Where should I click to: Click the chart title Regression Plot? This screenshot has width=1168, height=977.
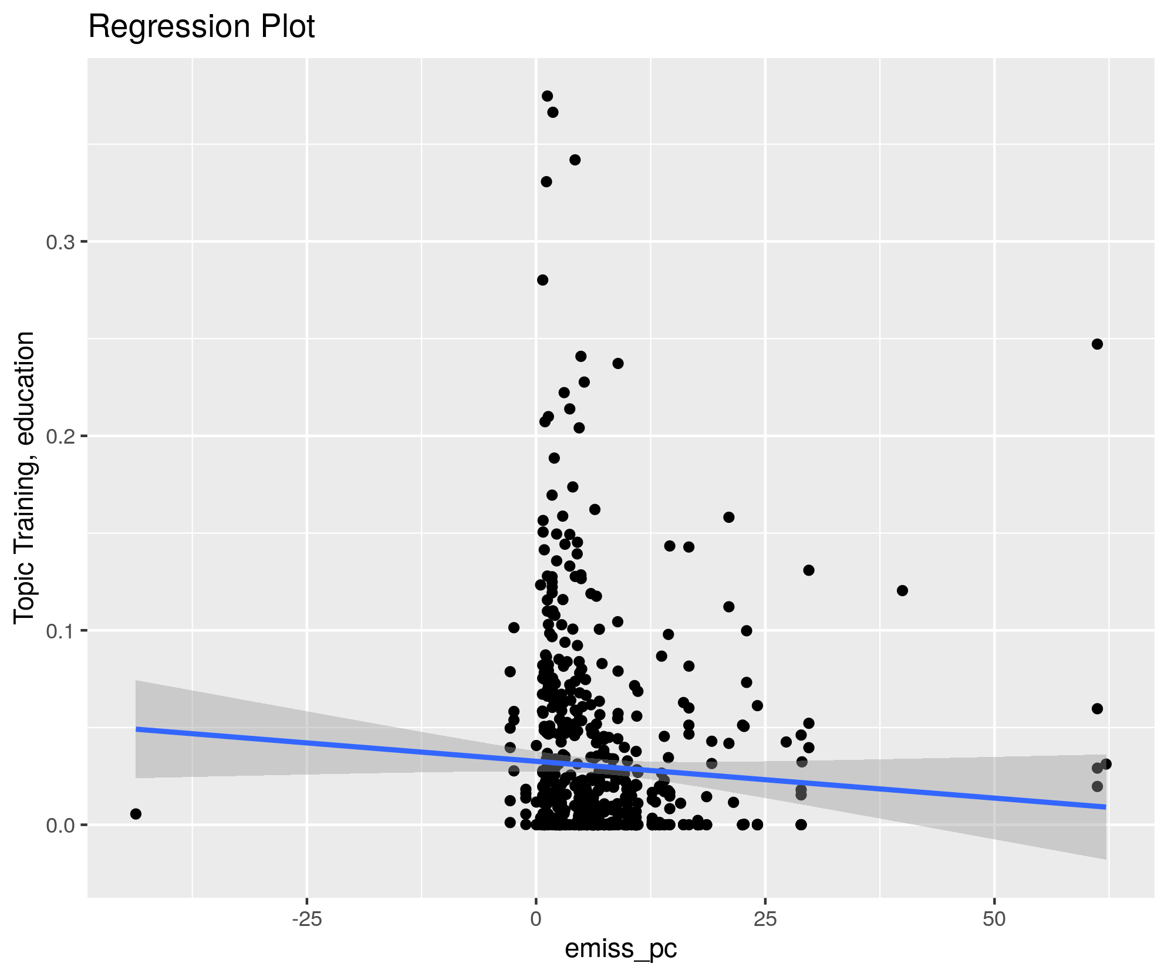[201, 27]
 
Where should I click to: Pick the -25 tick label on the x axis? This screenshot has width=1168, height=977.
[306, 919]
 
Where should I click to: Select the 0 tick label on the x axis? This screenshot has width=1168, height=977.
[536, 919]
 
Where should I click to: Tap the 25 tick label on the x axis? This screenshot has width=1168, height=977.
[765, 919]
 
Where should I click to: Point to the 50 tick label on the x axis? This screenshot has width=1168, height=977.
[994, 919]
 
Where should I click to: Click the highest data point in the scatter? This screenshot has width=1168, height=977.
[547, 96]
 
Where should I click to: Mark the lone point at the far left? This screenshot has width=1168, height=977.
[136, 814]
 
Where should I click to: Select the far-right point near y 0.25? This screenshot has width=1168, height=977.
[1097, 344]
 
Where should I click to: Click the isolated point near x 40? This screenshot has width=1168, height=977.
[903, 590]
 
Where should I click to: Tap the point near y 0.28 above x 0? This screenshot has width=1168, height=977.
[542, 280]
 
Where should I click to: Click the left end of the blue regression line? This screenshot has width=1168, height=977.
[136, 729]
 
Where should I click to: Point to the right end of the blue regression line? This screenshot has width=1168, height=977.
[1106, 807]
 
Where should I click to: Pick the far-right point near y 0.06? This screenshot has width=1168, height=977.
[1097, 709]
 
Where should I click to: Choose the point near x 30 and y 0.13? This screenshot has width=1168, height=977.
[809, 570]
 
